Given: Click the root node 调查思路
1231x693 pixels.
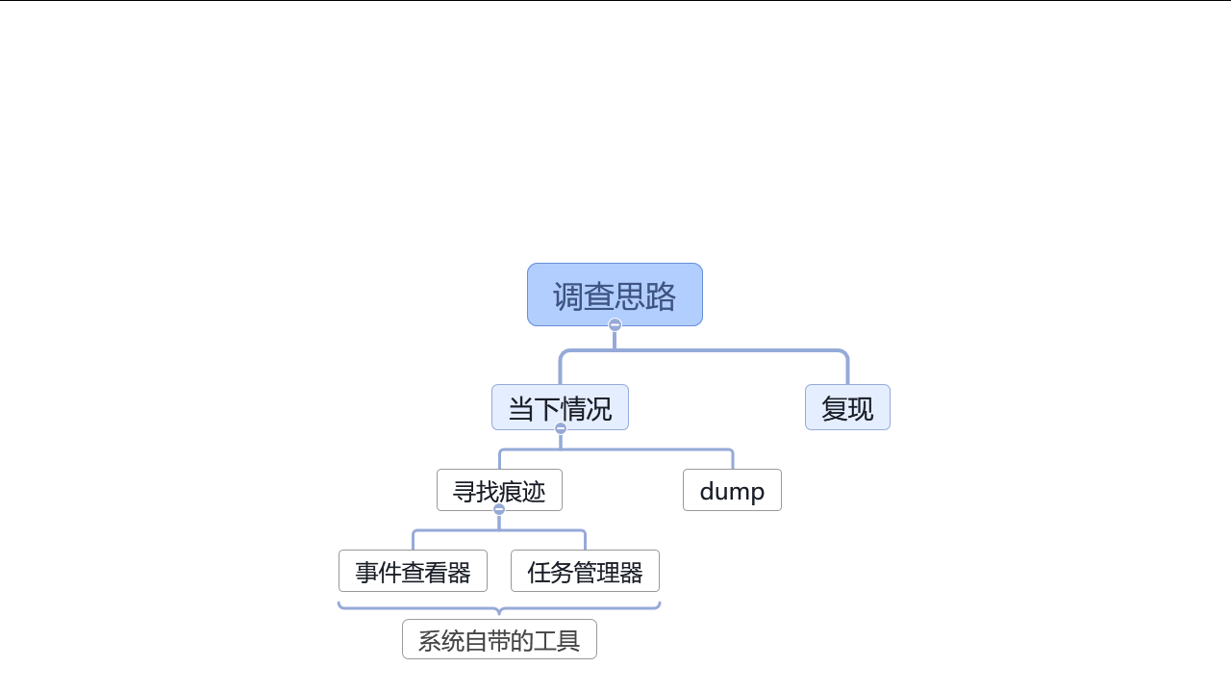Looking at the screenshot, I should pyautogui.click(x=615, y=295).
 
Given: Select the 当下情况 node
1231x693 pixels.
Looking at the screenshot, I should pyautogui.click(x=560, y=407).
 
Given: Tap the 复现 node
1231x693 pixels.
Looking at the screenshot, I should pyautogui.click(x=847, y=407).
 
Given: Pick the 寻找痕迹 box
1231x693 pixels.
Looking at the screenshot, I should pyautogui.click(x=499, y=490).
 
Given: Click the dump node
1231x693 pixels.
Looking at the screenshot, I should pyautogui.click(x=732, y=490).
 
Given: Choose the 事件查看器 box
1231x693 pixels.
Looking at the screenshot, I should pyautogui.click(x=413, y=571).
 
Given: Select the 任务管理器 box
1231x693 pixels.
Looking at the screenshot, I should pyautogui.click(x=585, y=571).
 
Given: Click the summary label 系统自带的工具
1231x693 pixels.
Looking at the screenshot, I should pyautogui.click(x=499, y=639).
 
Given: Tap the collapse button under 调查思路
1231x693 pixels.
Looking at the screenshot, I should pyautogui.click(x=615, y=325).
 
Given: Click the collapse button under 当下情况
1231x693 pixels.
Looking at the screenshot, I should pyautogui.click(x=561, y=428).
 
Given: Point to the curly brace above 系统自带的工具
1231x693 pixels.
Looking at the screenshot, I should pyautogui.click(x=499, y=606).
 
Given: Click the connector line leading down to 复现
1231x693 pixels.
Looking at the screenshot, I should pyautogui.click(x=847, y=370).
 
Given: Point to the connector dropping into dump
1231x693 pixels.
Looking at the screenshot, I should pyautogui.click(x=733, y=459).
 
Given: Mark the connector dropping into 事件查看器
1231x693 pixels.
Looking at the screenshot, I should pyautogui.click(x=414, y=540).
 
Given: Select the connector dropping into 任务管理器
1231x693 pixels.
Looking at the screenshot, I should pyautogui.click(x=585, y=540).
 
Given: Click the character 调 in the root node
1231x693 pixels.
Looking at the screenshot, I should pyautogui.click(x=568, y=295).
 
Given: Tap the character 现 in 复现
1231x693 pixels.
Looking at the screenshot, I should pyautogui.click(x=861, y=408).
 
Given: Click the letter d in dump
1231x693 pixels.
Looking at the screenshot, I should pyautogui.click(x=707, y=491).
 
